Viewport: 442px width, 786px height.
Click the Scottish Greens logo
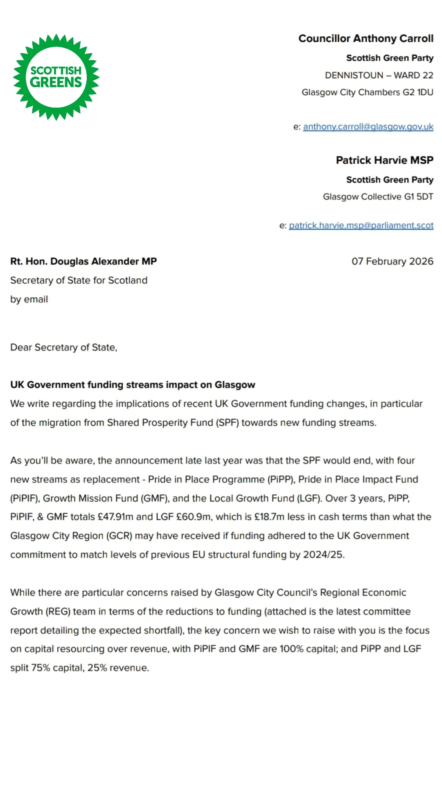pyautogui.click(x=56, y=77)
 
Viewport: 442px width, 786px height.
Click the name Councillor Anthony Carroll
pyautogui.click(x=365, y=38)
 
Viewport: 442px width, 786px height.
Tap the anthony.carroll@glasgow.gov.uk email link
pyautogui.click(x=368, y=127)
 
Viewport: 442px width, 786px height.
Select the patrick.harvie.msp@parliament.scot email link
pyautogui.click(x=361, y=226)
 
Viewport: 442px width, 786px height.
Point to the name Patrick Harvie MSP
pyautogui.click(x=384, y=160)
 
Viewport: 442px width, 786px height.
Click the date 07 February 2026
pyautogui.click(x=392, y=261)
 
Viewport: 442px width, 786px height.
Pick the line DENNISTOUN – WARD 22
pyautogui.click(x=379, y=75)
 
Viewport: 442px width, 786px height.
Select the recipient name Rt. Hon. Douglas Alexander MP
pyautogui.click(x=83, y=261)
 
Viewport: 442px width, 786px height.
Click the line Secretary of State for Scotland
pyautogui.click(x=79, y=280)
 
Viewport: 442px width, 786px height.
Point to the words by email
pyautogui.click(x=29, y=299)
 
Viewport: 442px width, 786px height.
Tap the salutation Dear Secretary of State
pyautogui.click(x=63, y=348)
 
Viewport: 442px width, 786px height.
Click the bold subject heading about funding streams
pyautogui.click(x=133, y=385)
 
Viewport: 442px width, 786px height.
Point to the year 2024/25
pyautogui.click(x=323, y=555)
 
